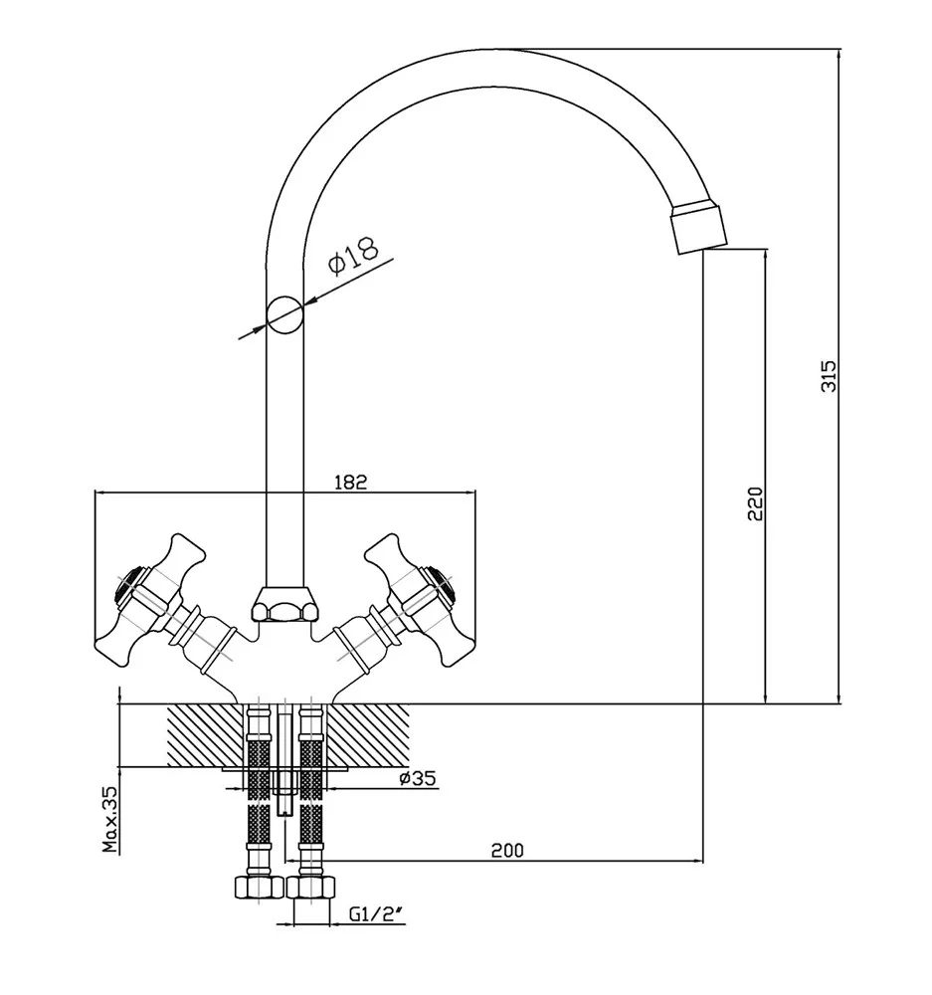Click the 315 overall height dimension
(x=830, y=376)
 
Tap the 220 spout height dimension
(x=754, y=505)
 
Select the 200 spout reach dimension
(x=506, y=850)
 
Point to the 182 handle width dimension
(x=351, y=482)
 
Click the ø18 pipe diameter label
(x=352, y=255)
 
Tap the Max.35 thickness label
(x=110, y=820)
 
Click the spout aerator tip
(x=698, y=228)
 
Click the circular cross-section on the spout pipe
(x=283, y=315)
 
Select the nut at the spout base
(x=283, y=604)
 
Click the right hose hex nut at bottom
(x=310, y=888)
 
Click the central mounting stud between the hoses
(x=284, y=761)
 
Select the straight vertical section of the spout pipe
(x=283, y=448)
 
